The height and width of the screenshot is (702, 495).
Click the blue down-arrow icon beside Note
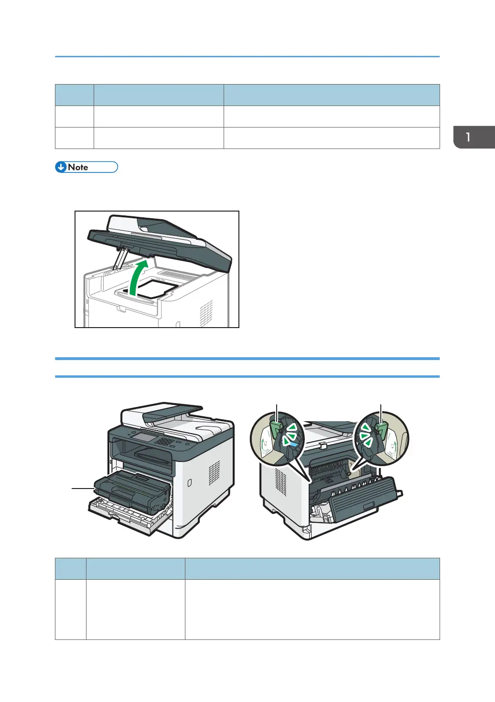tap(61, 167)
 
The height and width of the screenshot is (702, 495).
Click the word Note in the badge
tap(78, 167)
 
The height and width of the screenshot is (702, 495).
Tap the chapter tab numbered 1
tap(474, 137)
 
